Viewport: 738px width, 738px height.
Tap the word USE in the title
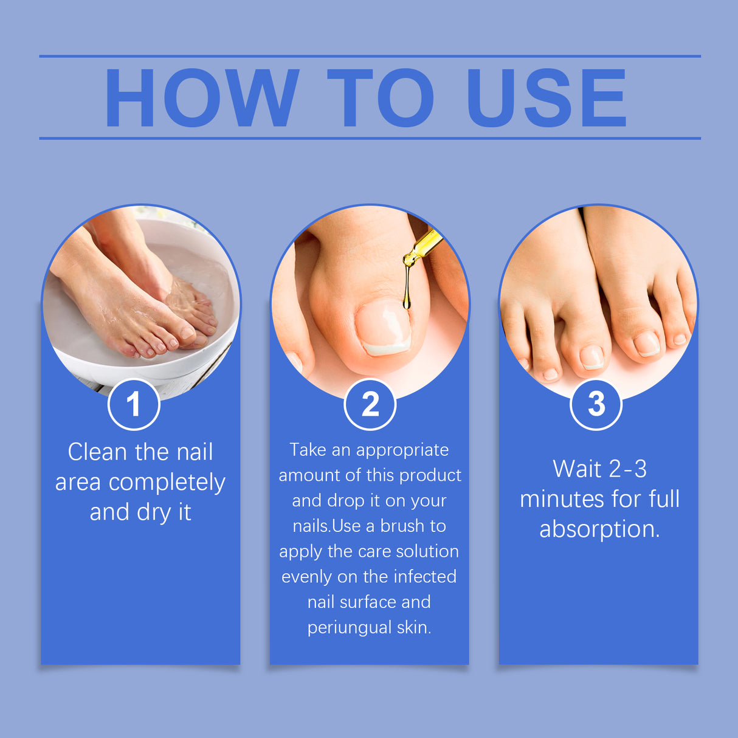tap(546, 98)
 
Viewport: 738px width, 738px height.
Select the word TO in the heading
tap(381, 98)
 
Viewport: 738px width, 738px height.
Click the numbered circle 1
tap(134, 404)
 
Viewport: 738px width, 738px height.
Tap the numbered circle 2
tap(370, 404)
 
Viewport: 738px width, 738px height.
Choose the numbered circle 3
tap(596, 404)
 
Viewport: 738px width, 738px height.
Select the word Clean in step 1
tap(97, 452)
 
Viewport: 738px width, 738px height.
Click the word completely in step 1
tap(167, 483)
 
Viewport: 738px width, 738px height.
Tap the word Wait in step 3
tap(576, 469)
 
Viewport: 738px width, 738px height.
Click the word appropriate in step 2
tap(402, 450)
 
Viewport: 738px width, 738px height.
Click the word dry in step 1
tap(154, 512)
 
